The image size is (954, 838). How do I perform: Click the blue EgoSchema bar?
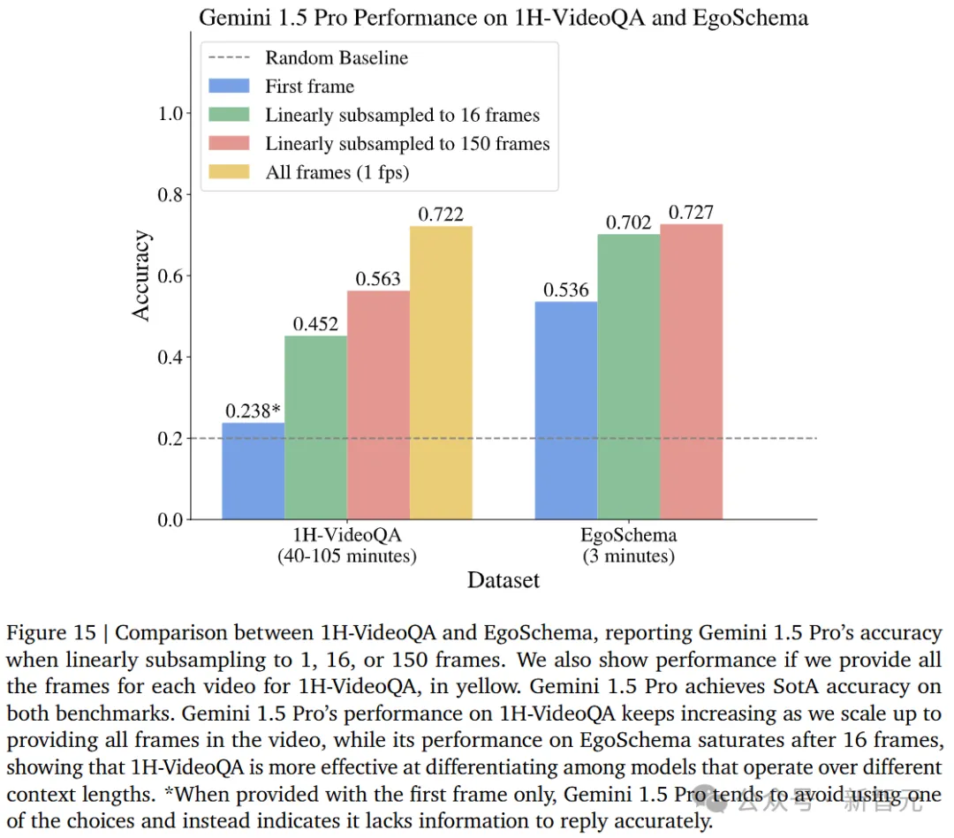[565, 411]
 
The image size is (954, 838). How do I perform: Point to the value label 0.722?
[441, 215]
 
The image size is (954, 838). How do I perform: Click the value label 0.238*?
[254, 411]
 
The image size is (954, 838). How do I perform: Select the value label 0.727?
[691, 213]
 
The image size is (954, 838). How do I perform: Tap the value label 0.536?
[565, 290]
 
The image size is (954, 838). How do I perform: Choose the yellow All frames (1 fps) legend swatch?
[231, 172]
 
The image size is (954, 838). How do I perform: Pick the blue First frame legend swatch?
[231, 87]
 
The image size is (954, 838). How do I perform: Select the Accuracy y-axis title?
[142, 276]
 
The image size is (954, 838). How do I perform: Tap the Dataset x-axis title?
[503, 580]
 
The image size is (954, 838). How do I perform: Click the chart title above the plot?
[503, 17]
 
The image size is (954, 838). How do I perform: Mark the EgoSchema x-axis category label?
[628, 535]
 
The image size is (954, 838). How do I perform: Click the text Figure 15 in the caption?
[54, 633]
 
